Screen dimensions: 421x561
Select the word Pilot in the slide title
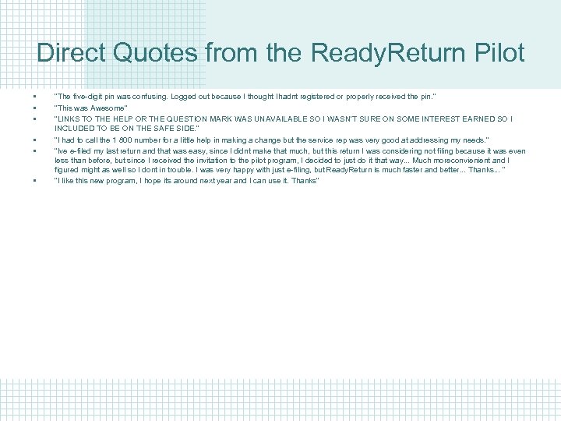(x=497, y=53)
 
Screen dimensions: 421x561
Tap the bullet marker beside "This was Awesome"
(x=36, y=108)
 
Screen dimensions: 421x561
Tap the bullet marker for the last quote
(x=36, y=182)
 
